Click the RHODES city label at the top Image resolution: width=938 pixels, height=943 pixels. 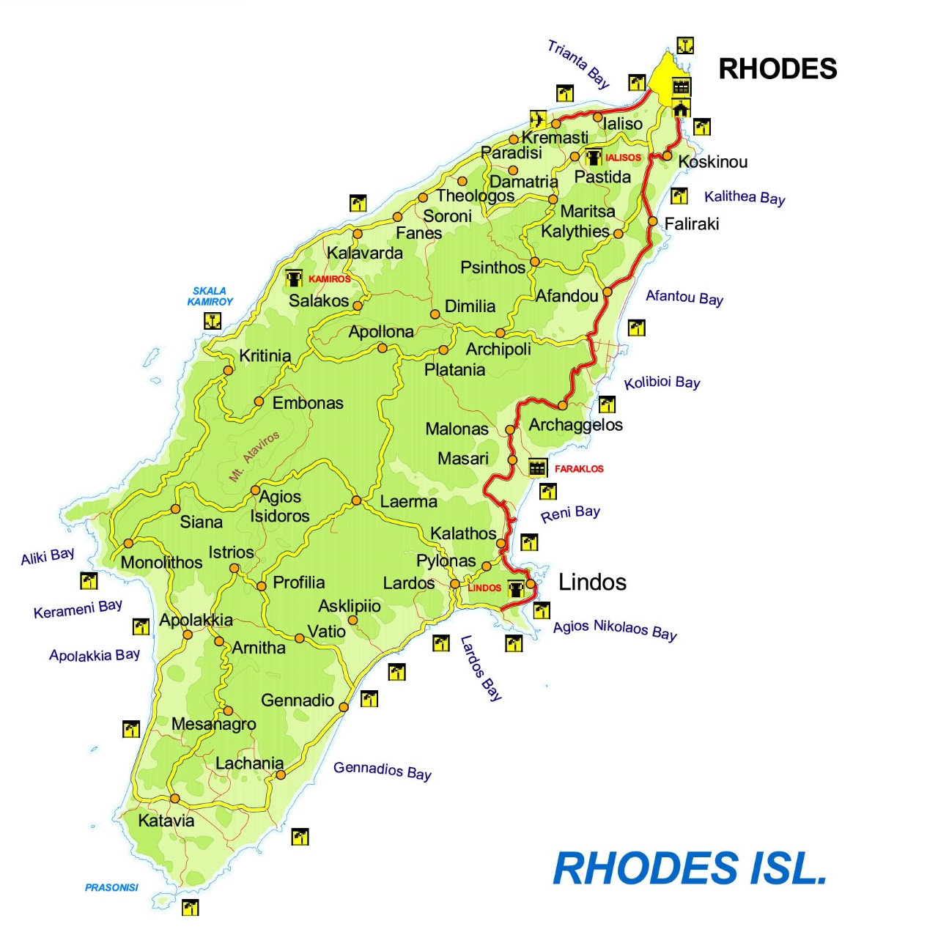pos(777,69)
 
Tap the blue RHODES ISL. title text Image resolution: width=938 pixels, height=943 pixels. pos(690,868)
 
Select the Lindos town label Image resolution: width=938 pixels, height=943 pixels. pos(592,583)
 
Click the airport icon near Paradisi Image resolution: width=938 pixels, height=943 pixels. pos(538,119)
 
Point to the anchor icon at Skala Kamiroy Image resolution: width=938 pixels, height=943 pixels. pos(213,321)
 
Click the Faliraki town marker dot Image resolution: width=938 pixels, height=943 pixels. pos(652,221)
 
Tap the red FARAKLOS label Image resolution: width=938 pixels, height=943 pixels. pos(579,469)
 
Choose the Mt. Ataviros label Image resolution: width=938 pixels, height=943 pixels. pos(254,456)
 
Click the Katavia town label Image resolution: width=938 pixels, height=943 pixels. pos(166,821)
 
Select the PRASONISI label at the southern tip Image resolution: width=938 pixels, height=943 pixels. pos(111,887)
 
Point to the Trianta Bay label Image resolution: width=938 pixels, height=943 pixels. pos(578,64)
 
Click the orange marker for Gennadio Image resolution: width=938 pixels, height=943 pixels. pos(344,706)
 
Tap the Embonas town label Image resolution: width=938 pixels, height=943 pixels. pos(308,403)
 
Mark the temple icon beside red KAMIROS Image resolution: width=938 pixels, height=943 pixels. pos(294,278)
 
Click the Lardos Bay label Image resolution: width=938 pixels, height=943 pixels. pos(481,668)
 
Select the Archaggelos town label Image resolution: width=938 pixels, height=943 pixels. pos(575,425)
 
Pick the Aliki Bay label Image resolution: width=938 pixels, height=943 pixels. pos(48,557)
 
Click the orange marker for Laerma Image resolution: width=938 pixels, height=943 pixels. pos(356,500)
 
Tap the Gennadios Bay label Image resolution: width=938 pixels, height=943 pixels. pos(382,770)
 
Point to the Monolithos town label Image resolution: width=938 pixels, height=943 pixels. pos(161,563)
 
